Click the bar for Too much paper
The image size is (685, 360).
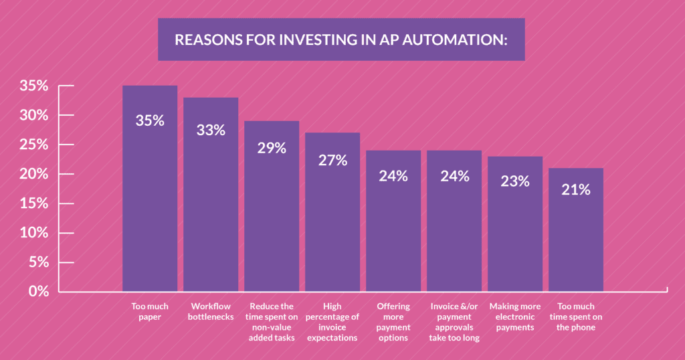coord(149,201)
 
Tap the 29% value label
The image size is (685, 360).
coord(272,149)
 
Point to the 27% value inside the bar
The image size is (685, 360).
coord(332,161)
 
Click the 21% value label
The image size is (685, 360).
coord(576,190)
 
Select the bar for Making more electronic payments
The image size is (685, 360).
coord(515,234)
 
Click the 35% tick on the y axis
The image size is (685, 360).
coord(33,86)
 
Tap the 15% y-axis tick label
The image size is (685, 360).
coord(33,203)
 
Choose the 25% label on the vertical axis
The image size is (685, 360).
coord(33,145)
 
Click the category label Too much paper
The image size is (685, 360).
coord(149,312)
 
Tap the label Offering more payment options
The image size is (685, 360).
coord(393,322)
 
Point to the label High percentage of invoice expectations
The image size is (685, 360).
coord(332,322)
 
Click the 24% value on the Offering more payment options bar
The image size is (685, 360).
coord(393,176)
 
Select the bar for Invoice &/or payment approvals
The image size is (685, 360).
coord(454,234)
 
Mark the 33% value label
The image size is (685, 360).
coord(210,130)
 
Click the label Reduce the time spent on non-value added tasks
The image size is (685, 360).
coord(272,322)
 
